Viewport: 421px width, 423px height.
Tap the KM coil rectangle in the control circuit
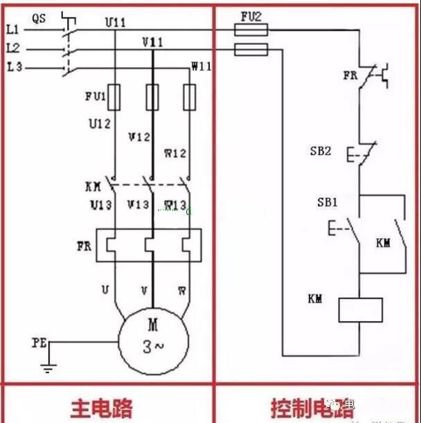(360, 309)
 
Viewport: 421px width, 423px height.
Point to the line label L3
(13, 67)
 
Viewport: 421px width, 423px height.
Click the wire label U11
(116, 22)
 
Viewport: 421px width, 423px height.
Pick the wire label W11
(201, 66)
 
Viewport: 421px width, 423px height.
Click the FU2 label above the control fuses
(251, 15)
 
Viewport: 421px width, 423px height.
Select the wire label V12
(139, 137)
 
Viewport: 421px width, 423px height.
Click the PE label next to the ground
(39, 342)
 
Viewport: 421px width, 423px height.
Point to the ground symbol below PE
(48, 368)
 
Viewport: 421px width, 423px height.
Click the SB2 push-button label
(320, 150)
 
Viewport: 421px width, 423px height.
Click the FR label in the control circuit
(350, 75)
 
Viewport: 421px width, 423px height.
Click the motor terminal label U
(105, 289)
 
